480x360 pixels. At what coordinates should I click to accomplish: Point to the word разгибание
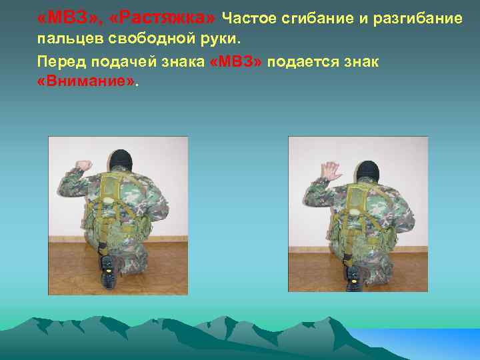pos(420,18)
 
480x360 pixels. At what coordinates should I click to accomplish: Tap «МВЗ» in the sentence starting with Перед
pos(238,62)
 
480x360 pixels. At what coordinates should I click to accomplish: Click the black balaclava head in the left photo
pos(119,160)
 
